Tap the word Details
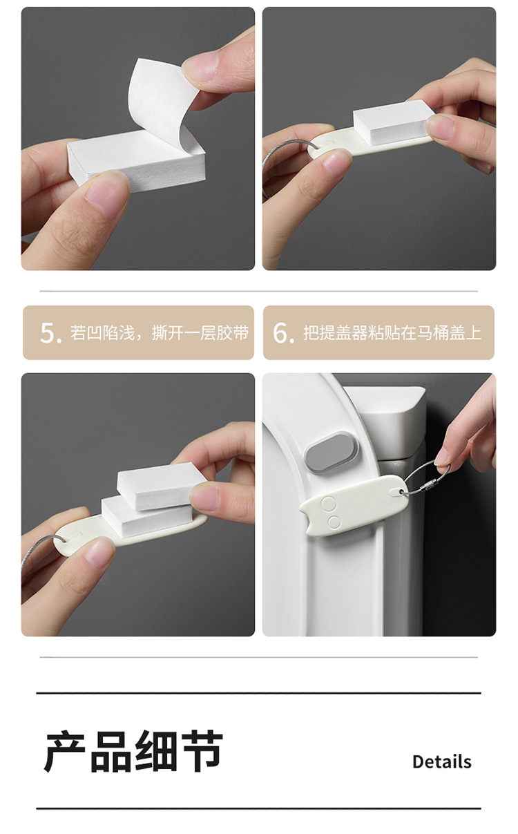click(442, 761)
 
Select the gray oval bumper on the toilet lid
click(332, 453)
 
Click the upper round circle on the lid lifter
click(328, 504)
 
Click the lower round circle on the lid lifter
click(334, 522)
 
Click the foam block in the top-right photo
click(392, 122)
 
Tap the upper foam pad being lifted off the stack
click(161, 485)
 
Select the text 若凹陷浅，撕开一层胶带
click(160, 332)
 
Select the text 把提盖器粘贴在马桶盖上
click(392, 332)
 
